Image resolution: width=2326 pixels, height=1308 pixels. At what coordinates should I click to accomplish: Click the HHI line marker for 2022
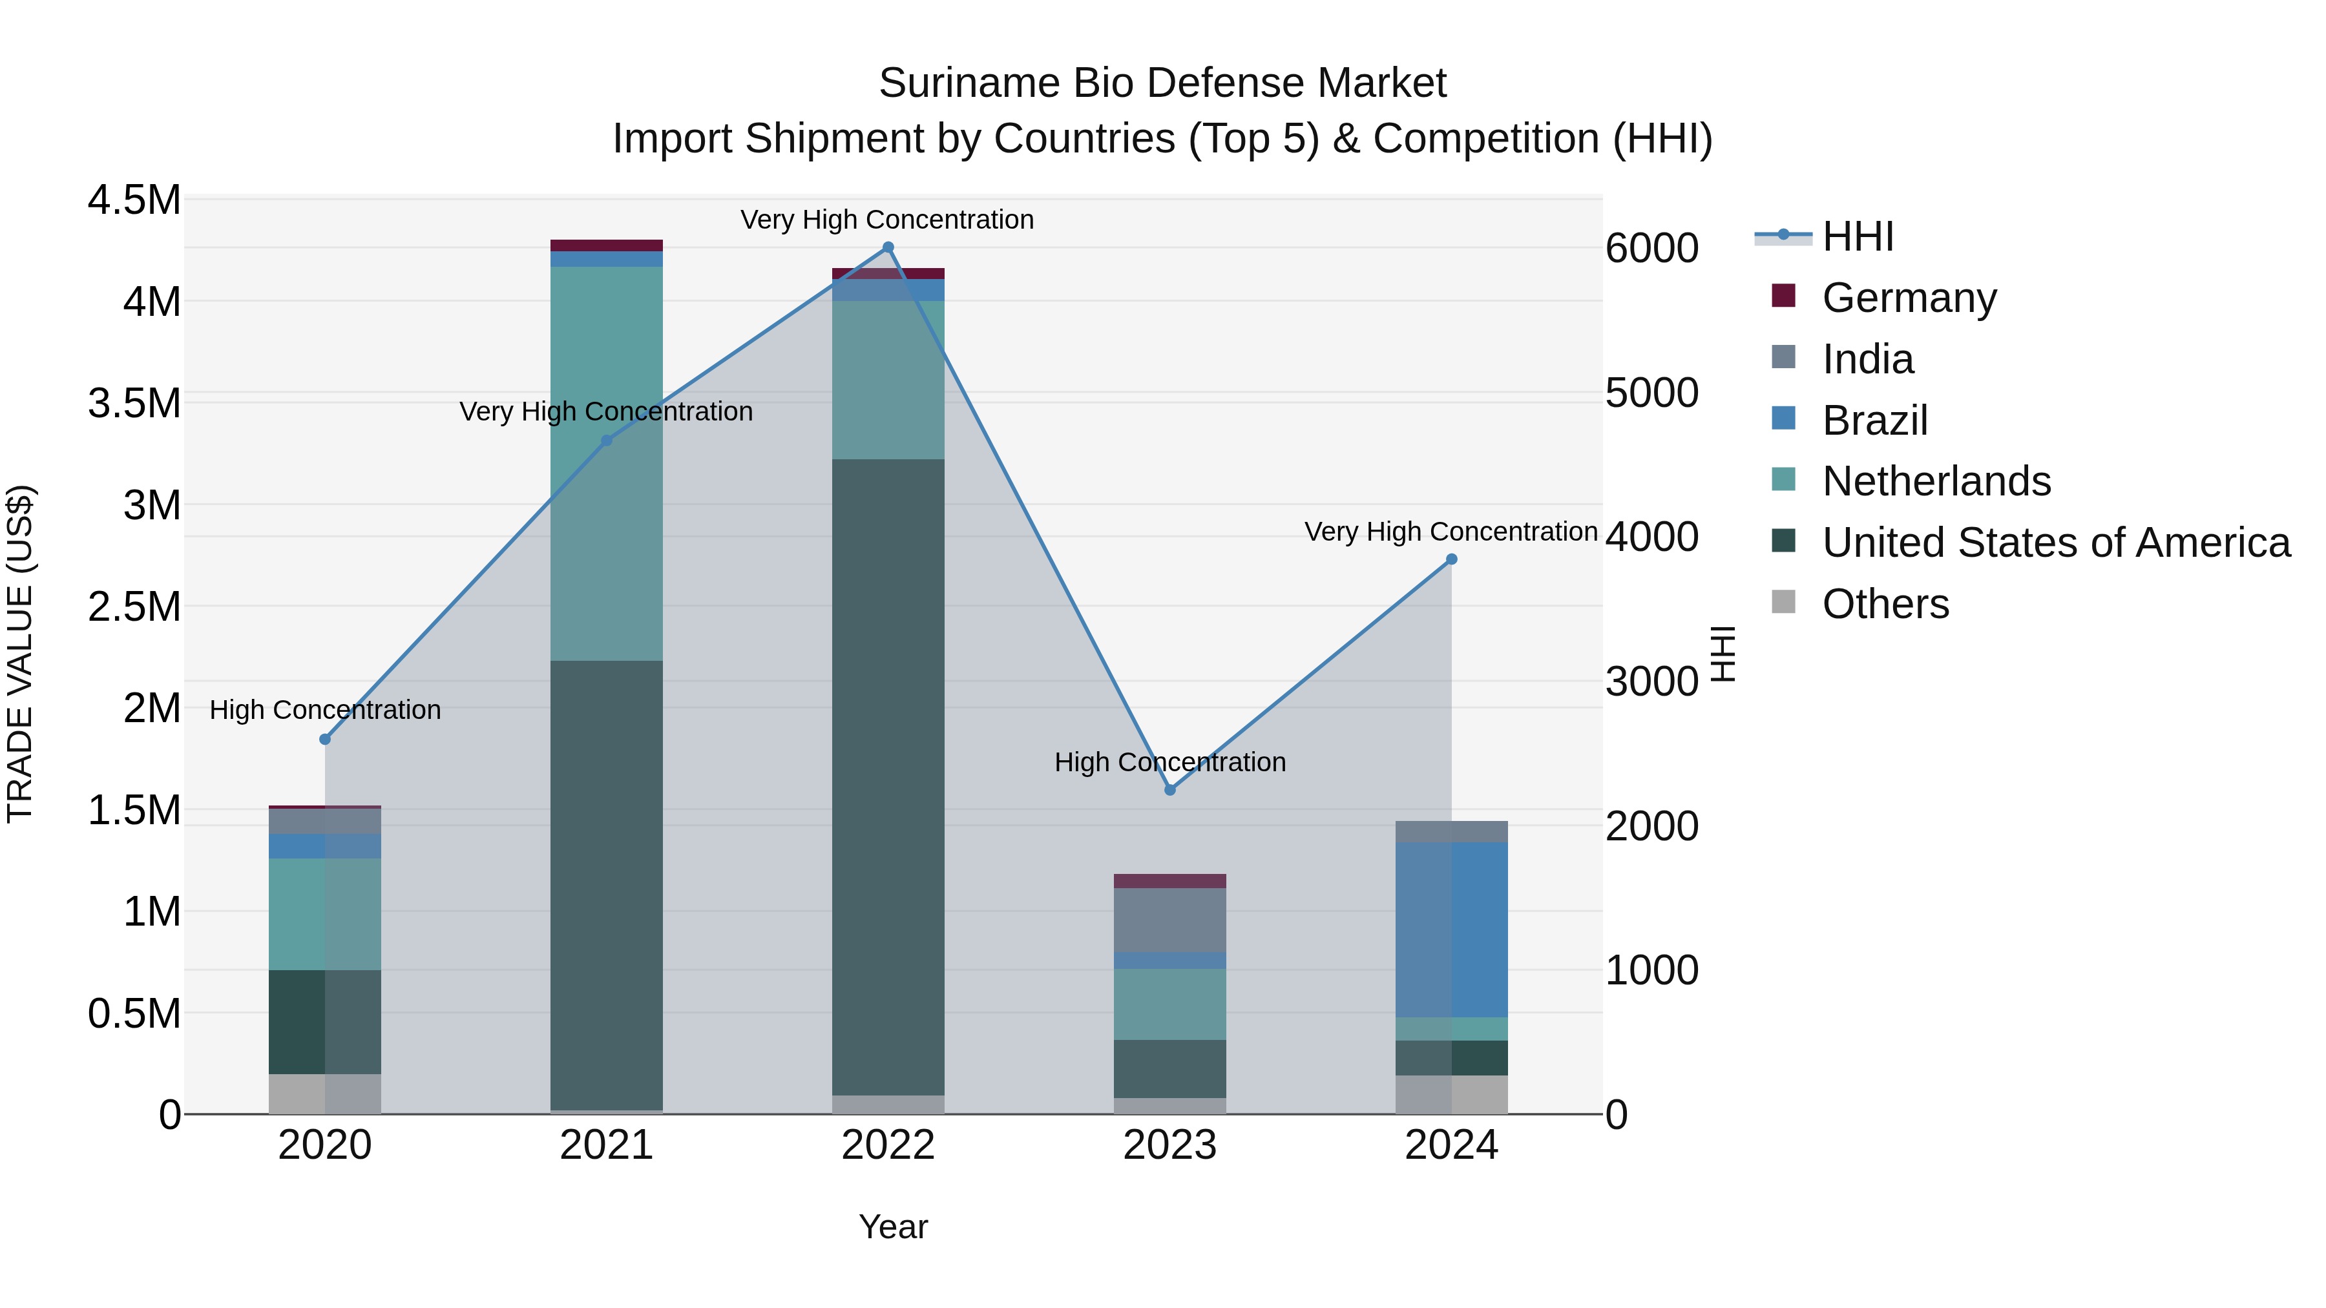[x=888, y=247]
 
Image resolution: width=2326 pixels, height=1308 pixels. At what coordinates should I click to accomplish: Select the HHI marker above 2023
[x=1170, y=790]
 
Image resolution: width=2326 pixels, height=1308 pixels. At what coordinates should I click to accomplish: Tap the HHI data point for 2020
[x=325, y=740]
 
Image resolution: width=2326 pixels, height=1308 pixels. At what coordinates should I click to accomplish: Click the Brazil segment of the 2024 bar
[x=1452, y=929]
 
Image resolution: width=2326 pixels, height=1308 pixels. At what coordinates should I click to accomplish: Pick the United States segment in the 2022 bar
[x=888, y=776]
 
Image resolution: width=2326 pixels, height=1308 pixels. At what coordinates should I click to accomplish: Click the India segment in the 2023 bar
[x=1170, y=920]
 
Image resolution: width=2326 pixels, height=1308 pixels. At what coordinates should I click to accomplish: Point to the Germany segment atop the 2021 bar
[x=607, y=245]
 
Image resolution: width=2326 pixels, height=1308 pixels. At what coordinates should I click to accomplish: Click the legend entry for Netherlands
[x=1935, y=481]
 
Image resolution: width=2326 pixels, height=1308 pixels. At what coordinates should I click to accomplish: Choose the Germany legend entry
[x=1908, y=298]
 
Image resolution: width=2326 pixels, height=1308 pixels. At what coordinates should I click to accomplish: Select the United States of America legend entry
[x=2055, y=543]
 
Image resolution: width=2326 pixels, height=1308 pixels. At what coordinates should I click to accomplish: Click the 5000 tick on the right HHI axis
[x=1651, y=393]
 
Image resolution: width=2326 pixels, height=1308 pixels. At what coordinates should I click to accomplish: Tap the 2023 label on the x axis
[x=1169, y=1145]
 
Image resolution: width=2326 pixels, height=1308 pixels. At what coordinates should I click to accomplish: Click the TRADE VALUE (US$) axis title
[x=20, y=654]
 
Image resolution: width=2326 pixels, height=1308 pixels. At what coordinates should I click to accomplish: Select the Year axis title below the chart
[x=893, y=1227]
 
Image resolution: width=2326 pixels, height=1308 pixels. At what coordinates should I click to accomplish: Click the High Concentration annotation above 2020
[x=325, y=711]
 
